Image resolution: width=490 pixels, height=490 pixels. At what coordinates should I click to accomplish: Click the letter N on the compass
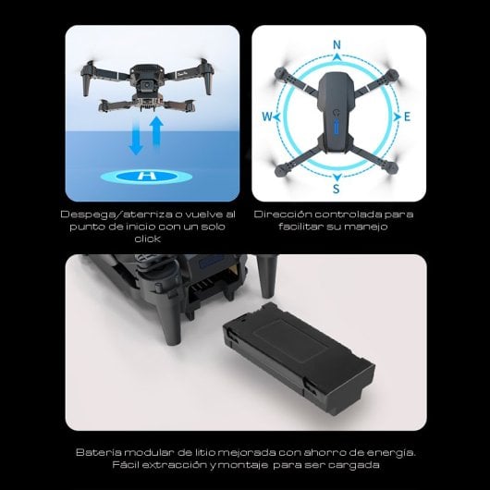337,44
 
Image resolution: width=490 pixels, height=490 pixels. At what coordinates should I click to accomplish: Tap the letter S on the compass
337,189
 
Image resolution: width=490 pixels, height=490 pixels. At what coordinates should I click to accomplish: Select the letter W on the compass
266,117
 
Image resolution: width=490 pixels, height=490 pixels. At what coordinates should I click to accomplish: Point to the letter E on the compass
407,117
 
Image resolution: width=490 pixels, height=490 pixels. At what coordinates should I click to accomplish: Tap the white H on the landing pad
141,176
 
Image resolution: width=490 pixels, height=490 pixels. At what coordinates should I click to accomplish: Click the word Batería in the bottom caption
98,452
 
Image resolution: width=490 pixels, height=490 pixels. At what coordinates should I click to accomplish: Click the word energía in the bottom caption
392,452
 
